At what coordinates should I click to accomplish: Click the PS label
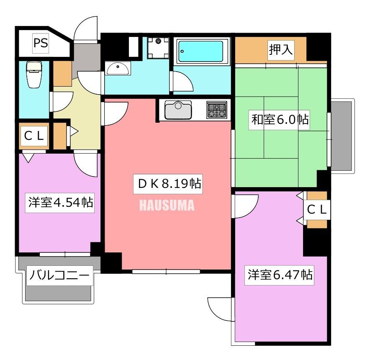coord(41,44)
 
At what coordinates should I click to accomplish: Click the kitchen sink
coord(178,110)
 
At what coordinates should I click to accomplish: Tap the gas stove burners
coord(216,110)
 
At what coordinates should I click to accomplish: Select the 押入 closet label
coord(281,50)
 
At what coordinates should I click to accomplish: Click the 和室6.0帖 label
coord(280,120)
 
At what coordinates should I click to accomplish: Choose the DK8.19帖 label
coord(168,185)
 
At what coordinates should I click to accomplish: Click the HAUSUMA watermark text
coord(166,206)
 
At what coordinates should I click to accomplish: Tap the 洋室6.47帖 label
coord(280,275)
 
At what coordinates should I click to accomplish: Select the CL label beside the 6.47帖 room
coord(317,209)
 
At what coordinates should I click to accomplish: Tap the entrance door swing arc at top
coord(86,28)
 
